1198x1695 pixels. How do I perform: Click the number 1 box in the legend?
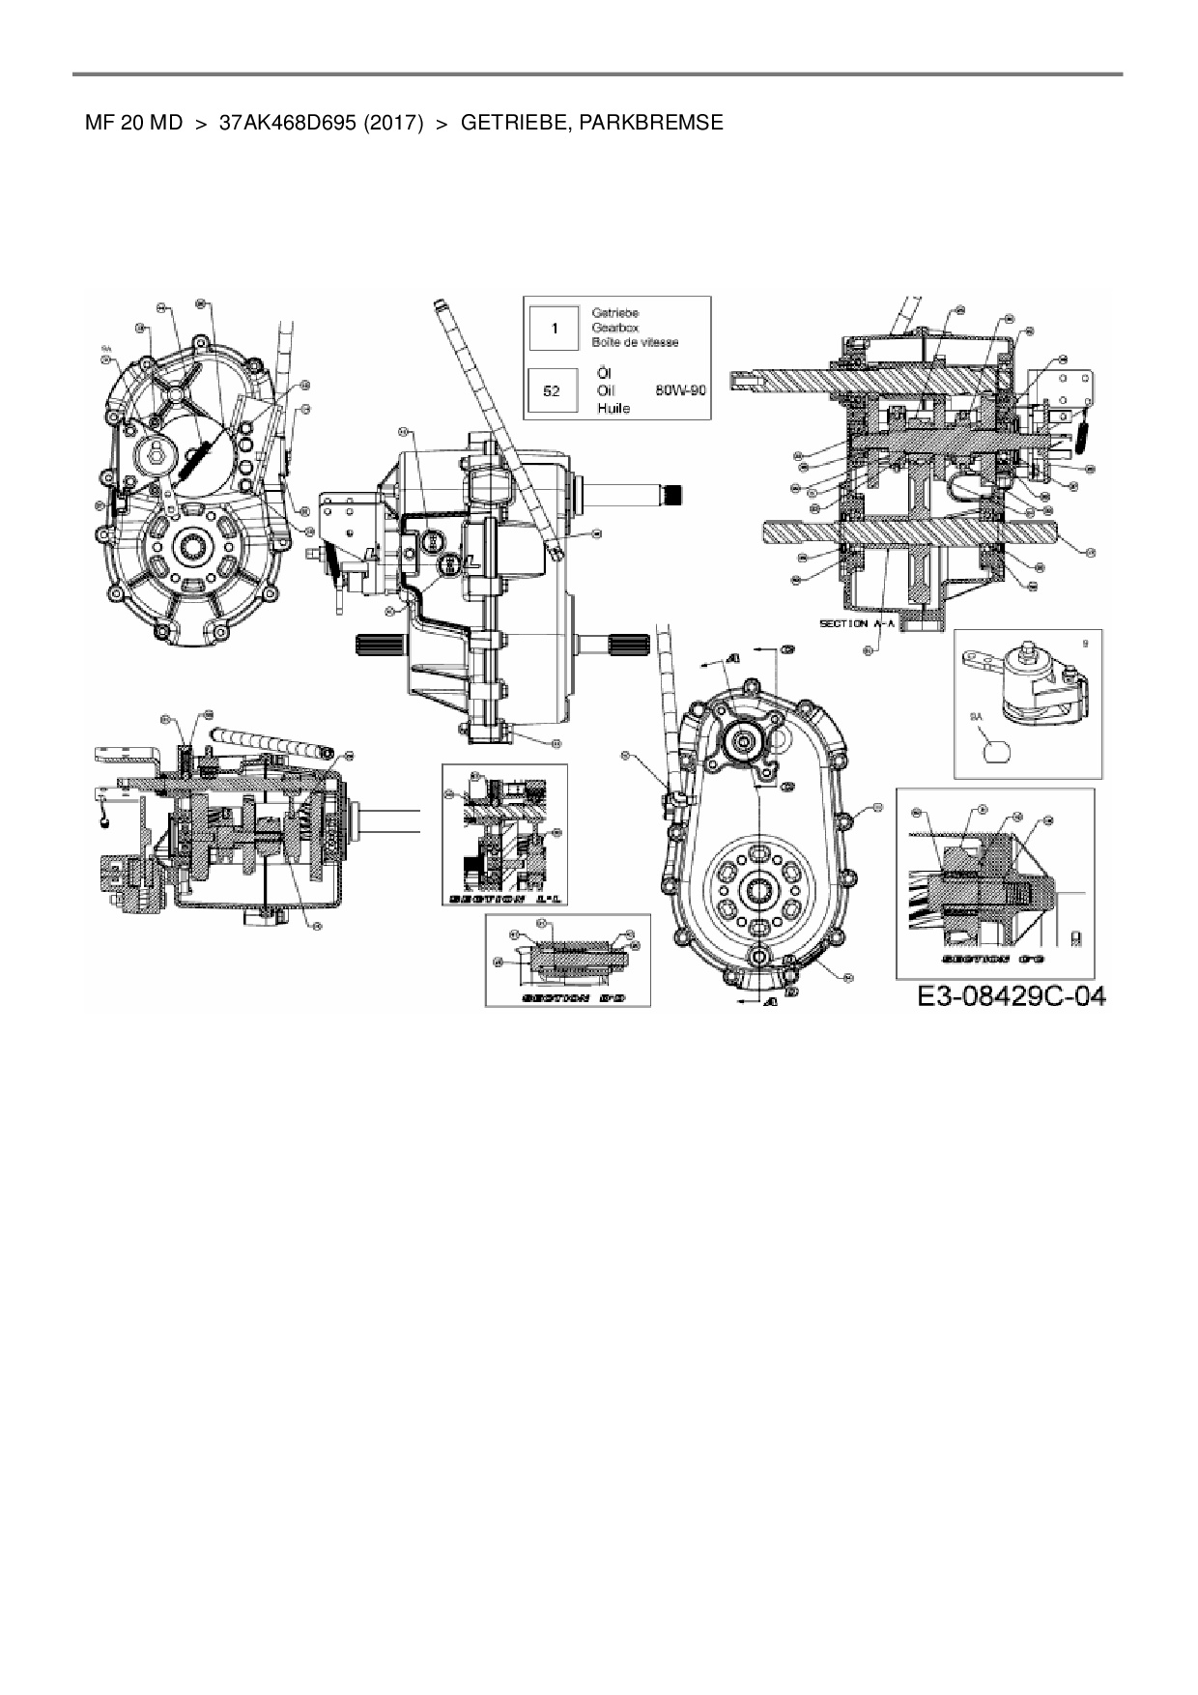pos(554,329)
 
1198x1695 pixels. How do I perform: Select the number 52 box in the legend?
pos(553,391)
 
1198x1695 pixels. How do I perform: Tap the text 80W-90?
pos(681,390)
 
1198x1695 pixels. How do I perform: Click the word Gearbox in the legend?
pos(614,328)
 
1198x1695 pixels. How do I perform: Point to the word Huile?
pos(613,409)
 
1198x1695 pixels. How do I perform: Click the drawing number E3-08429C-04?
pos(1011,996)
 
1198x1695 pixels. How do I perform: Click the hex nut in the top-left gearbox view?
pos(157,450)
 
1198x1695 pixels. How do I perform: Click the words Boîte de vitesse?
pos(635,342)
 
